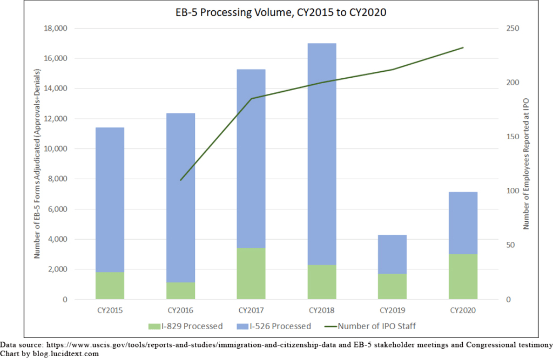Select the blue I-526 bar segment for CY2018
[x=322, y=154]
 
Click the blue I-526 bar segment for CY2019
[x=393, y=254]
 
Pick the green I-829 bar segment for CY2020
[x=463, y=277]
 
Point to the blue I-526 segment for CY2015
[x=110, y=200]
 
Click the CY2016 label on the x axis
[x=180, y=311]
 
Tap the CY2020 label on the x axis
[x=463, y=311]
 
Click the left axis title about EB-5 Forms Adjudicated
[x=37, y=164]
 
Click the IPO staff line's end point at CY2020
[x=463, y=47]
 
